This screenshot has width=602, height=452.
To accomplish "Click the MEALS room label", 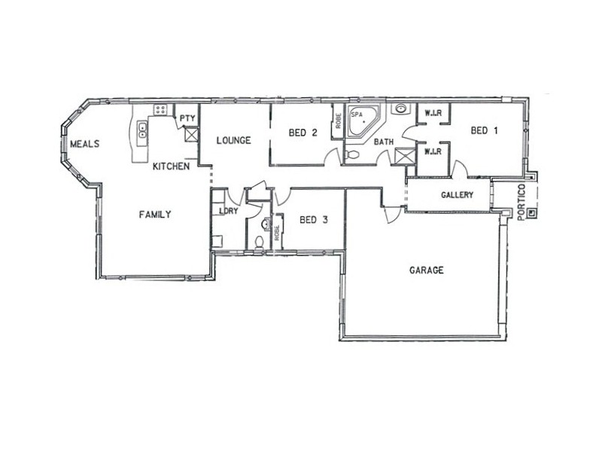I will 85,144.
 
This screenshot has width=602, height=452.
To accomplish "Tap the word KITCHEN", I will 171,166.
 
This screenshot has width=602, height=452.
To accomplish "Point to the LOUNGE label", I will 233,140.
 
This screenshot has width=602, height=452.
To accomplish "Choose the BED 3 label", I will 313,221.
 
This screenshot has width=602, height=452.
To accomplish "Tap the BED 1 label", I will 484,130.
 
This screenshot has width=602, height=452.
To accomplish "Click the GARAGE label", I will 426,270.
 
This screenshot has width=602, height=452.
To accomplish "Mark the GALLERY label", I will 457,196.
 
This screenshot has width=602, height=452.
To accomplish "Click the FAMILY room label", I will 155,215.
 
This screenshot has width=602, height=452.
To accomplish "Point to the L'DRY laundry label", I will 228,211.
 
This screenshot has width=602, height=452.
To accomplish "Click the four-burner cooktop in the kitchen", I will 160,111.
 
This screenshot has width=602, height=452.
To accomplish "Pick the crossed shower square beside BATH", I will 404,156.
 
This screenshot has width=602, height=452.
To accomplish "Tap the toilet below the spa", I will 353,156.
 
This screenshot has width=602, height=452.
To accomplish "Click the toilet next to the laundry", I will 258,243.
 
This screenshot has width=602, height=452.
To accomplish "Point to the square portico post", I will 533,212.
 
